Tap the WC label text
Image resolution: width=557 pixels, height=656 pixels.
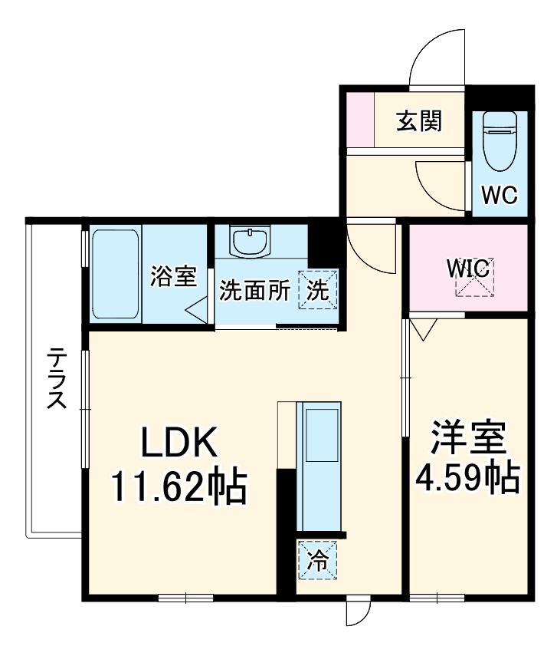tap(499, 194)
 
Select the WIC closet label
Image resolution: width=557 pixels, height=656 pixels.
tap(468, 269)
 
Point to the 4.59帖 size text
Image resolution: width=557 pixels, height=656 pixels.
tap(467, 477)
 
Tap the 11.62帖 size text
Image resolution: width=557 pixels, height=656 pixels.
tap(179, 486)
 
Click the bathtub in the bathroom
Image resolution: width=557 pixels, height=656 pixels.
tap(115, 275)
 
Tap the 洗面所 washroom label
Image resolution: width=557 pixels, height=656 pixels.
tap(254, 291)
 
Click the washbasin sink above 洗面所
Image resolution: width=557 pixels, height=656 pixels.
tap(251, 242)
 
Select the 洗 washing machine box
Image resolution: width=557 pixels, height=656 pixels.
tap(317, 290)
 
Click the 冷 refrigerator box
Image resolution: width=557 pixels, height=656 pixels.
tap(316, 560)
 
